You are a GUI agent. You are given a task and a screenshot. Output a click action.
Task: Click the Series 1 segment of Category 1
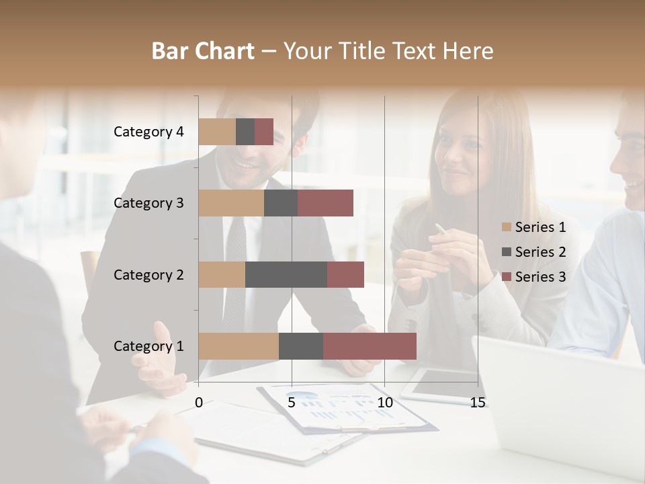tap(239, 346)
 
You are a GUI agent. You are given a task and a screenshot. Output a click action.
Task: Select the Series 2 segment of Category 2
tap(286, 274)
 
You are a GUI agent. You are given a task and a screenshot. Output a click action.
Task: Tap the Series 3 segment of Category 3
tap(325, 203)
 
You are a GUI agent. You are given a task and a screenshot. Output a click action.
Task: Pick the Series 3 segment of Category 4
tap(264, 132)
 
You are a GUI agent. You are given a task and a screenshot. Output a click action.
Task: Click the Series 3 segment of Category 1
tap(370, 346)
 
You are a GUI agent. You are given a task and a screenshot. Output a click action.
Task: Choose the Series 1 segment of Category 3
tap(231, 203)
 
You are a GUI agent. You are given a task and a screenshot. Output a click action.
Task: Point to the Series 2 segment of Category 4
tap(245, 132)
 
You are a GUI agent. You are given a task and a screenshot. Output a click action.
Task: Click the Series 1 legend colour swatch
tap(507, 227)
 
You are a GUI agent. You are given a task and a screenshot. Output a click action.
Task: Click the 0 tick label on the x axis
tap(199, 403)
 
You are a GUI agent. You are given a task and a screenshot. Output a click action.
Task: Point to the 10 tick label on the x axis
tap(384, 403)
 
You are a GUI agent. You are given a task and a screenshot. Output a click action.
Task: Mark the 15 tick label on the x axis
tap(478, 403)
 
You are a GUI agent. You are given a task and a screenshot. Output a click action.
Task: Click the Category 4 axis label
tap(148, 132)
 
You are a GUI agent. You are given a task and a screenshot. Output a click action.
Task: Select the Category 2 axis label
tap(148, 274)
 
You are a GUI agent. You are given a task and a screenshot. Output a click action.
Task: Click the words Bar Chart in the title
tap(203, 51)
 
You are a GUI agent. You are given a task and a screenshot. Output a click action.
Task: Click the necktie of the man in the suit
tap(235, 269)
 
